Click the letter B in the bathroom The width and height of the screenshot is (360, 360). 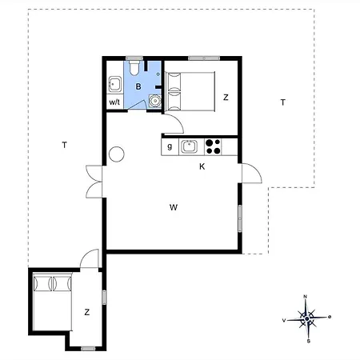(x=138, y=86)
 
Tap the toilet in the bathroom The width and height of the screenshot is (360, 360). (x=134, y=68)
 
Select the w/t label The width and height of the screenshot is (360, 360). (x=114, y=102)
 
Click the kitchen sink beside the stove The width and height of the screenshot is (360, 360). (x=189, y=146)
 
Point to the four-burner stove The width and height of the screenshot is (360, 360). (x=213, y=146)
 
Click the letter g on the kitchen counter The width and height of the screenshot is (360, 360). (x=170, y=146)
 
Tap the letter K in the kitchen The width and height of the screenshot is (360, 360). (x=202, y=166)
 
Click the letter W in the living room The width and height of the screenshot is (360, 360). (x=174, y=207)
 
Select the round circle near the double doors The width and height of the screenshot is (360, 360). (x=117, y=154)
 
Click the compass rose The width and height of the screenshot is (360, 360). (x=307, y=318)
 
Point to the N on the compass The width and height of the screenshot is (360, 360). (x=306, y=297)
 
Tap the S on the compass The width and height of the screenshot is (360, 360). (x=309, y=341)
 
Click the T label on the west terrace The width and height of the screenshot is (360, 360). (x=64, y=145)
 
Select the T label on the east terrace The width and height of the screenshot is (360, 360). (x=283, y=102)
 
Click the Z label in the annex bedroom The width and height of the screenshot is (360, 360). (x=87, y=312)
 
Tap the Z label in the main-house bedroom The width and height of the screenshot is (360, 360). (x=226, y=98)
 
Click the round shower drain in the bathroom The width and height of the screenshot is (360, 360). (x=154, y=100)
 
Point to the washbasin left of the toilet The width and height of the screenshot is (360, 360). (x=115, y=84)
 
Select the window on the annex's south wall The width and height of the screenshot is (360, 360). (x=88, y=348)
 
